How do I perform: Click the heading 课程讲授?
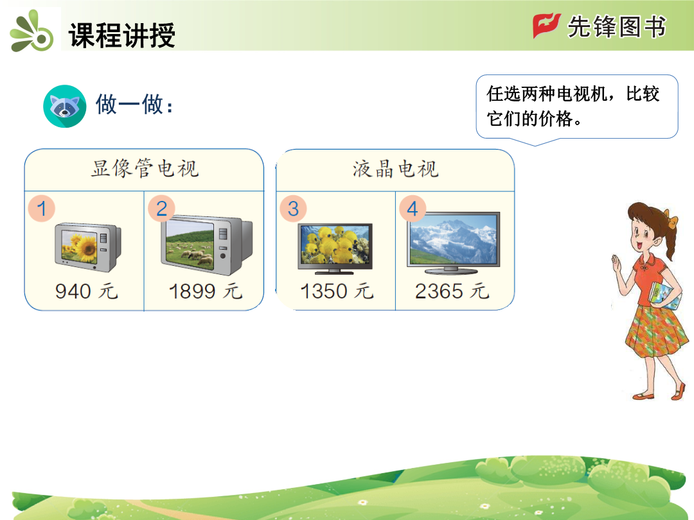[x=121, y=35]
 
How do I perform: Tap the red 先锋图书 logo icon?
[x=546, y=25]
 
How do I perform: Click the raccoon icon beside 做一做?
[x=65, y=106]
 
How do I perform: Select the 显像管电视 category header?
[x=145, y=168]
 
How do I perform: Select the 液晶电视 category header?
[x=395, y=169]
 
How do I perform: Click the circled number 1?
[x=42, y=208]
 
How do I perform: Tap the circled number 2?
[x=161, y=208]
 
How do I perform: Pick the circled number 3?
[x=293, y=209]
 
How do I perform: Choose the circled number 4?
[x=413, y=209]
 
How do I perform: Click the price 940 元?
[x=87, y=291]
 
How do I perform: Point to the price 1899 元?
[x=206, y=291]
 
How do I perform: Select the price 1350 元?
[x=337, y=291]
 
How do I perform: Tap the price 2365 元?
[x=452, y=291]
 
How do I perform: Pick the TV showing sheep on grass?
[x=206, y=245]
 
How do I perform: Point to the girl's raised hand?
[x=617, y=265]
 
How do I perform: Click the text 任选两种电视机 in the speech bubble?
[x=547, y=94]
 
